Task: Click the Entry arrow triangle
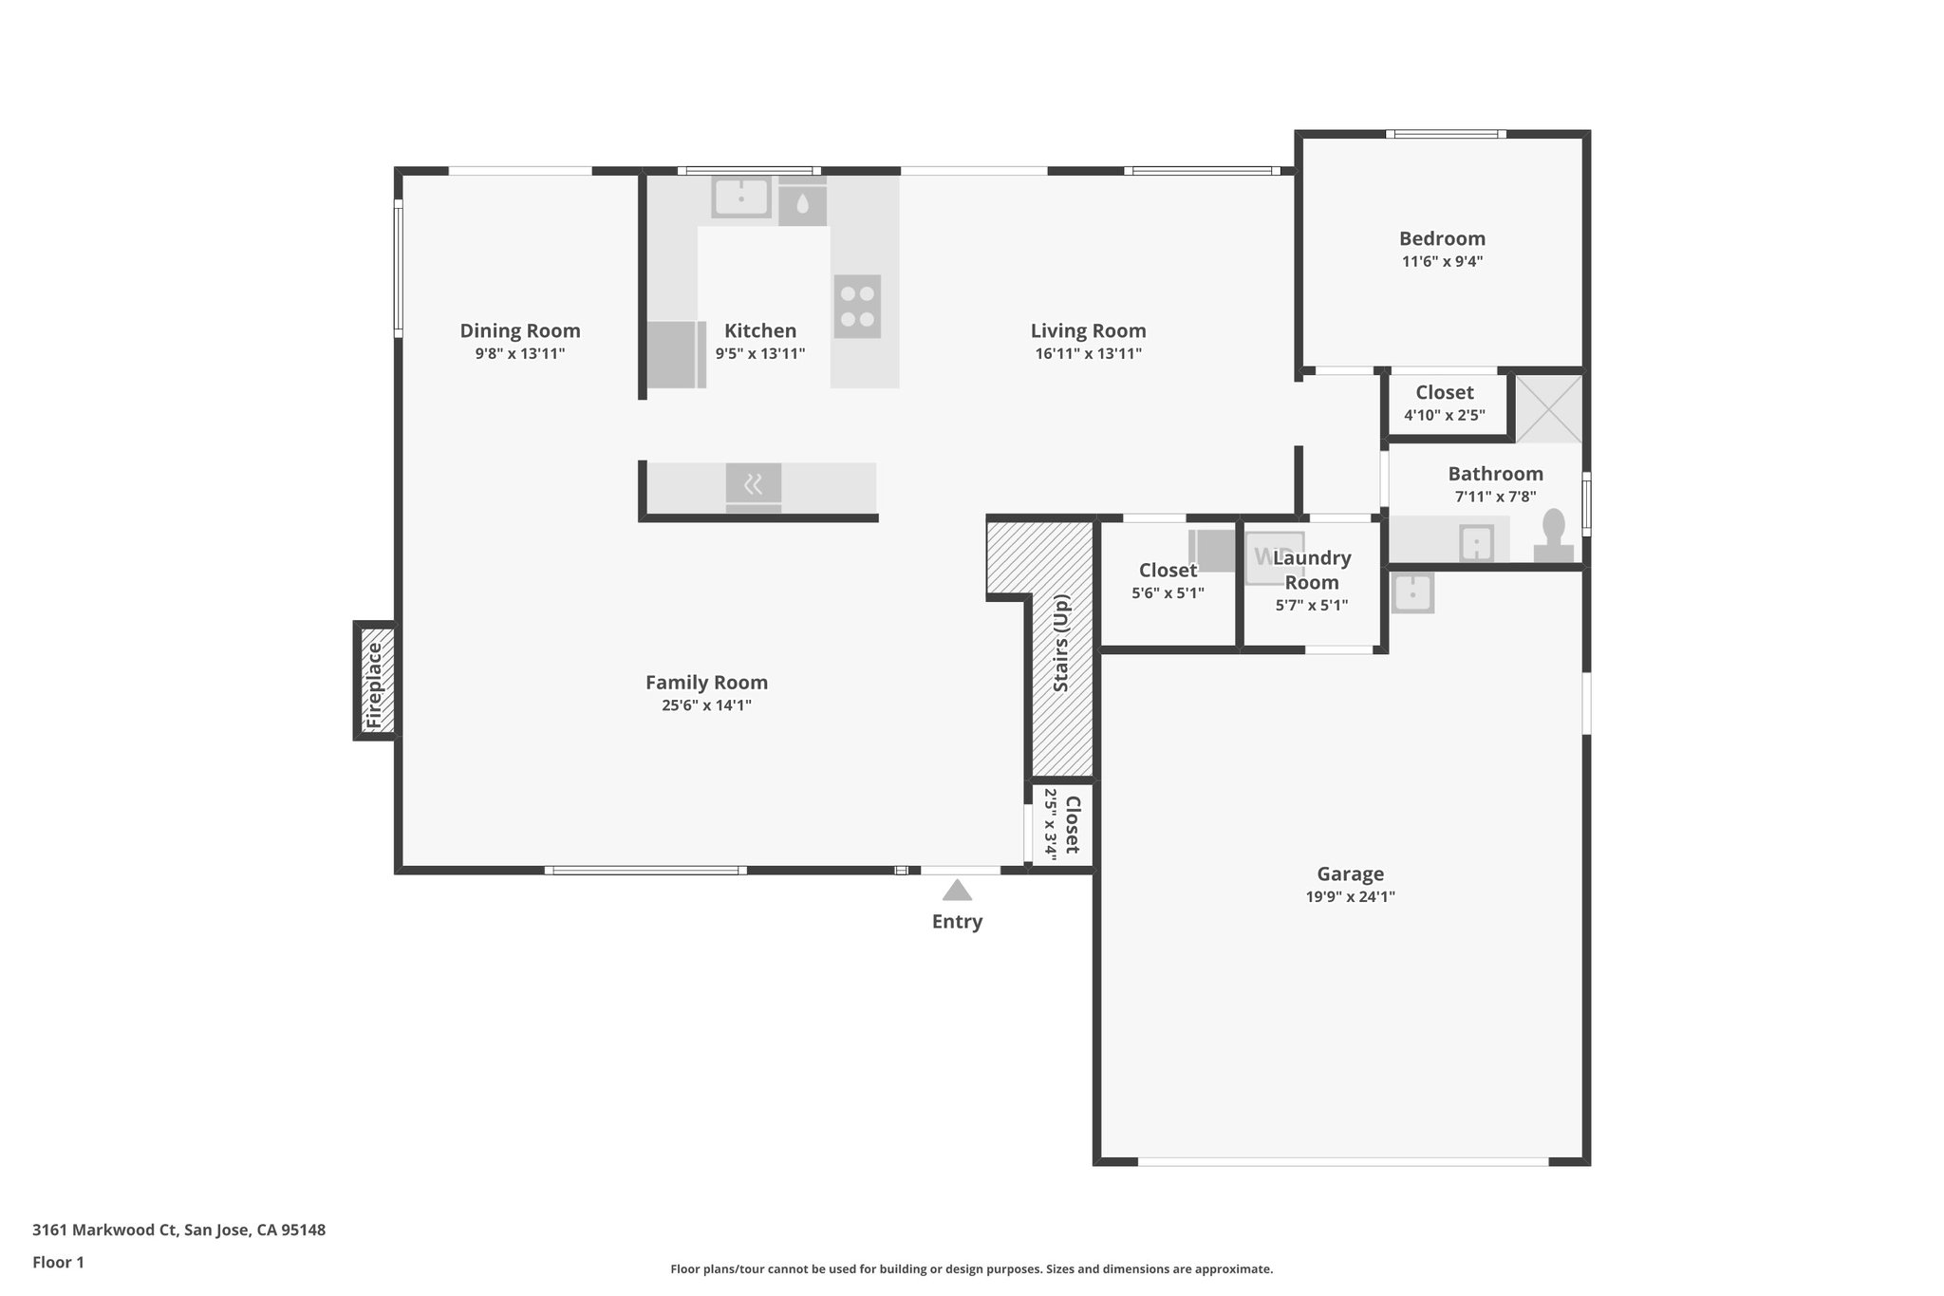click(957, 891)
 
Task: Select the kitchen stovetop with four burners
click(857, 306)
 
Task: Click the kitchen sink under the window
click(741, 197)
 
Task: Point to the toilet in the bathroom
click(1553, 537)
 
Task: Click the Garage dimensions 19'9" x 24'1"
click(1350, 896)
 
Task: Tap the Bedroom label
click(1442, 238)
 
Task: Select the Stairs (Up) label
click(1062, 643)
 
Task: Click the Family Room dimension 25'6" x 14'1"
click(706, 705)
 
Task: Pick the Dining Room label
click(520, 330)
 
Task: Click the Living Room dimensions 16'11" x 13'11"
click(1088, 354)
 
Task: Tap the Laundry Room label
click(1312, 570)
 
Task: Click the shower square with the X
click(1548, 408)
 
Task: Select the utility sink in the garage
click(1412, 593)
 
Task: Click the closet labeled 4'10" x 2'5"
click(1445, 403)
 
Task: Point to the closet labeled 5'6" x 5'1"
click(1168, 580)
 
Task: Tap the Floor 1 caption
click(58, 1262)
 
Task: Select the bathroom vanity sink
click(1476, 543)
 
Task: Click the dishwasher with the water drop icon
click(802, 204)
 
